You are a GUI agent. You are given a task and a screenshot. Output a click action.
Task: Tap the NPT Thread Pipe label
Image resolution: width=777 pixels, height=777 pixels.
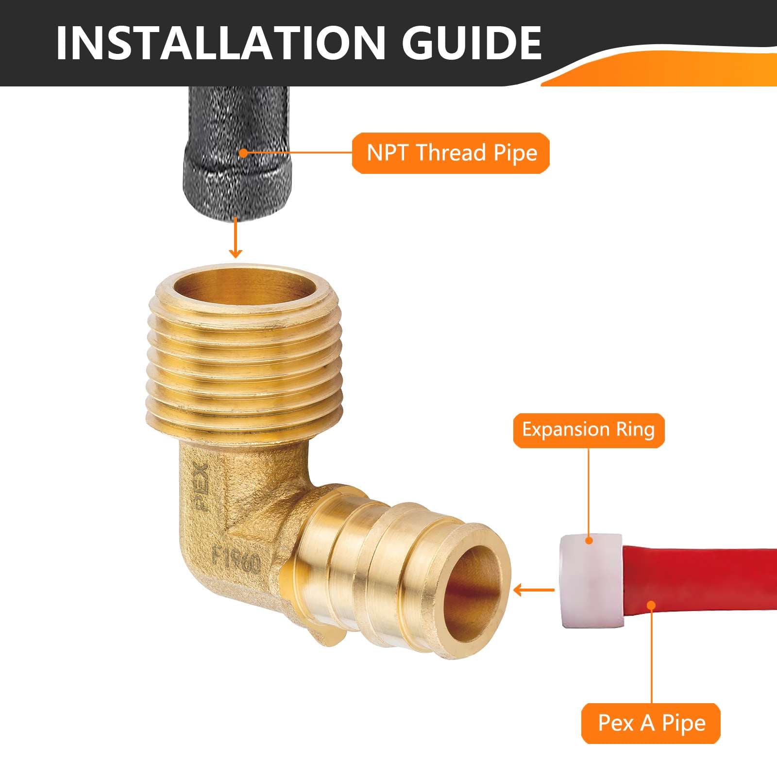click(x=451, y=153)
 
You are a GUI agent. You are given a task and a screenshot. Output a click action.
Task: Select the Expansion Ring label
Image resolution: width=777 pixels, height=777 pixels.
click(x=588, y=430)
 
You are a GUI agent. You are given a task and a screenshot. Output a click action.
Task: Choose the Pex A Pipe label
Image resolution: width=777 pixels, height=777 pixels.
click(x=651, y=723)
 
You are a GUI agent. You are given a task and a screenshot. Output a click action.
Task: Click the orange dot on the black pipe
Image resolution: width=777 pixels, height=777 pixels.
click(x=243, y=153)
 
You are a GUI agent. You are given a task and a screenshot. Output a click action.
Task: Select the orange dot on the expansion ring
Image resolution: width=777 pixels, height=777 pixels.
click(x=589, y=540)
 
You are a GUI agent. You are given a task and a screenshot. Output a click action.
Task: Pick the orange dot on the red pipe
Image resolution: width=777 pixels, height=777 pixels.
click(x=651, y=605)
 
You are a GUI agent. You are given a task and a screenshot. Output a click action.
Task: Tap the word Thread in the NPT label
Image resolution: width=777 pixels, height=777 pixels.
click(x=451, y=153)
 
